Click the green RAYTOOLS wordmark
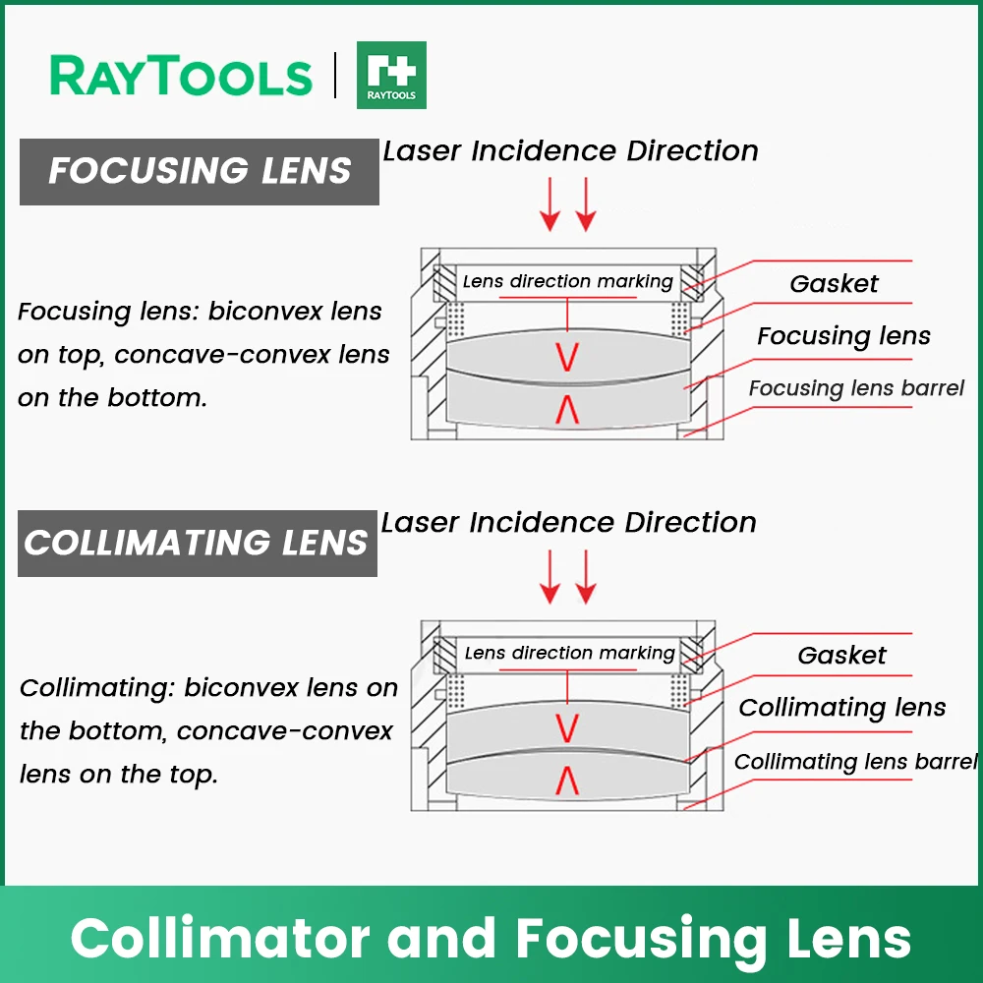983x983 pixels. coord(181,76)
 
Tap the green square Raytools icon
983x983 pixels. coord(391,76)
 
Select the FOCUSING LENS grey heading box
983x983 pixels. coord(200,172)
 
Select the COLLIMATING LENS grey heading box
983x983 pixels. coord(198,543)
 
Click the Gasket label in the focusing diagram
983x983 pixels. coord(834,284)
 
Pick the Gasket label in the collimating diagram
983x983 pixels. coord(842,656)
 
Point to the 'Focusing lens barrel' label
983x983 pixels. coord(856,388)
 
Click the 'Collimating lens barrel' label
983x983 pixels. coord(856,762)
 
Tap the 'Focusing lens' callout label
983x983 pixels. coord(843,336)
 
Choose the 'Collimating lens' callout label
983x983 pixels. coord(842,708)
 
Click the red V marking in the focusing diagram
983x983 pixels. coord(567,357)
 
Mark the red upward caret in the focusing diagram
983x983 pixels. coord(567,409)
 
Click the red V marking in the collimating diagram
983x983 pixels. coord(567,728)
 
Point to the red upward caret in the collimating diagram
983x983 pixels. coord(567,781)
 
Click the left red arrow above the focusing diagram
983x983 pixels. coord(549,204)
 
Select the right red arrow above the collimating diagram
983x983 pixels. coord(586,577)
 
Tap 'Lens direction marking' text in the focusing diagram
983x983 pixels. coord(568,281)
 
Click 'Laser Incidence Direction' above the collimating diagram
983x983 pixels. coord(568,523)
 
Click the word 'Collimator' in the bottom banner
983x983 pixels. coord(220,939)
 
